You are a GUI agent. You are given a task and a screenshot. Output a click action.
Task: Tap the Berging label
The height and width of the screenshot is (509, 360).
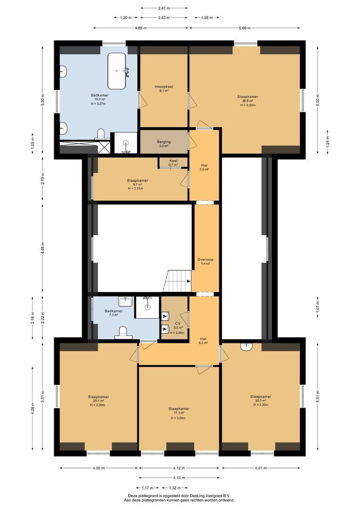point(164,142)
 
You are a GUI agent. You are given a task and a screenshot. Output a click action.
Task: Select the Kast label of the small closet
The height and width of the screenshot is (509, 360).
point(173,161)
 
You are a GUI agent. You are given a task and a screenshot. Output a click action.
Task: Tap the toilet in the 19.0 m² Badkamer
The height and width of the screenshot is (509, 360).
point(100,133)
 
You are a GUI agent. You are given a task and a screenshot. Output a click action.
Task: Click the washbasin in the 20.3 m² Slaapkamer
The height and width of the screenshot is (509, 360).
point(246,347)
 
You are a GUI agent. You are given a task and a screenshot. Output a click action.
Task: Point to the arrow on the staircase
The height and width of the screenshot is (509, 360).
point(188,281)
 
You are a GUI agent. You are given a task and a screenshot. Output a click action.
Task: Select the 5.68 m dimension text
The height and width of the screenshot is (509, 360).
point(245,28)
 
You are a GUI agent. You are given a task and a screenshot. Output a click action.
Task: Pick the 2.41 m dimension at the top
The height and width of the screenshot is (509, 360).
point(164,8)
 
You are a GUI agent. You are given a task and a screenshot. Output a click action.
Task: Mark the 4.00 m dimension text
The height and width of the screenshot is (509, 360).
point(98,468)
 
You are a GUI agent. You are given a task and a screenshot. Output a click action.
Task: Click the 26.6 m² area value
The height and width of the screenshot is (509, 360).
point(247,101)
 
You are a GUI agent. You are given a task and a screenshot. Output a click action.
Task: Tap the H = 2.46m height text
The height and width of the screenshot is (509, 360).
point(178,333)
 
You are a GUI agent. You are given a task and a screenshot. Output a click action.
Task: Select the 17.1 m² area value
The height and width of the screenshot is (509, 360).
point(179,413)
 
